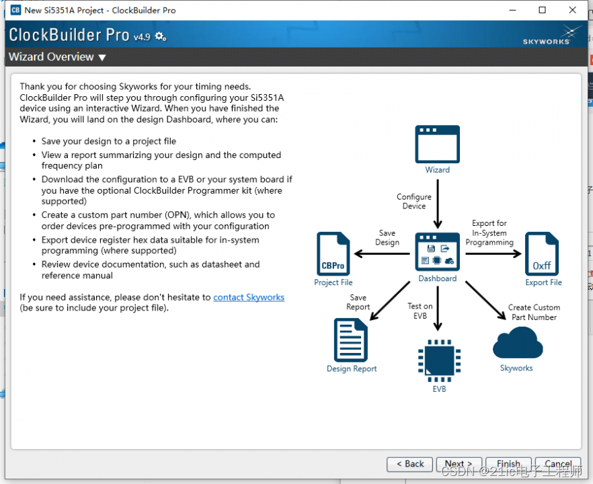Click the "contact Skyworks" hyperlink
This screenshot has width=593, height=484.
pyautogui.click(x=249, y=297)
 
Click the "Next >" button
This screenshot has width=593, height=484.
pyautogui.click(x=459, y=464)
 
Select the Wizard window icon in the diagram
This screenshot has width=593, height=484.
pyautogui.click(x=437, y=144)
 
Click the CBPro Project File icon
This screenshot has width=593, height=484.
pyautogui.click(x=333, y=254)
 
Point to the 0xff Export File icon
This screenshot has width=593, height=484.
pyautogui.click(x=542, y=254)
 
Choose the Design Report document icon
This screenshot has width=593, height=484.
pyautogui.click(x=351, y=340)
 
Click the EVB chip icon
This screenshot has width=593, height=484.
pyautogui.click(x=438, y=362)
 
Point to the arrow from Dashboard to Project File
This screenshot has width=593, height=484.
pyautogui.click(x=382, y=253)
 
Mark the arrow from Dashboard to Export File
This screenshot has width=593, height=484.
pyautogui.click(x=493, y=253)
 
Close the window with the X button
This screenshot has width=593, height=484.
pyautogui.click(x=573, y=10)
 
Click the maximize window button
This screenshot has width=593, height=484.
pyautogui.click(x=543, y=10)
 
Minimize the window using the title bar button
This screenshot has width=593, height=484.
pyautogui.click(x=512, y=10)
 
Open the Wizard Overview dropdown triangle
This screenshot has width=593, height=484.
pyautogui.click(x=102, y=58)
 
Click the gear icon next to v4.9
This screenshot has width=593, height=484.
pyautogui.click(x=160, y=36)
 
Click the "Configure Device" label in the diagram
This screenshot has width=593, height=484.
pyautogui.click(x=414, y=202)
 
